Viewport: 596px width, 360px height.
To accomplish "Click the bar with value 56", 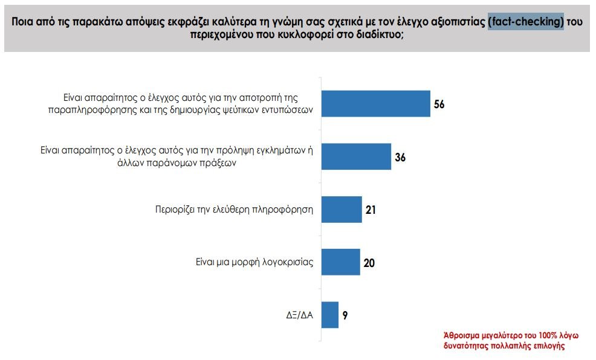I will tap(375, 103).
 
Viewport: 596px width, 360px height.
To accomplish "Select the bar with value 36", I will tap(356, 157).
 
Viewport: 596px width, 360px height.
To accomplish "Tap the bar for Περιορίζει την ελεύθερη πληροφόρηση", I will tap(342, 210).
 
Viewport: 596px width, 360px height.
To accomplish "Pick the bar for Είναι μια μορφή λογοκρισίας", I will tap(340, 262).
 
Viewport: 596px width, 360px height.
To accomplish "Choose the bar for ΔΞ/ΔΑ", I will tap(330, 315).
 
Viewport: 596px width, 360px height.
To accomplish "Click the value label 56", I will tap(439, 104).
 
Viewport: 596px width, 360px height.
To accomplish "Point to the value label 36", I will tap(400, 158).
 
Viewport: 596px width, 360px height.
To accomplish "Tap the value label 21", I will tap(371, 210).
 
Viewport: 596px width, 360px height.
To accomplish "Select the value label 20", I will tap(369, 263).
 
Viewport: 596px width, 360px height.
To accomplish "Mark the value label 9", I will tap(345, 315).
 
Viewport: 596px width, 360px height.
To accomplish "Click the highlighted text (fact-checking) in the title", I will tap(526, 22).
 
